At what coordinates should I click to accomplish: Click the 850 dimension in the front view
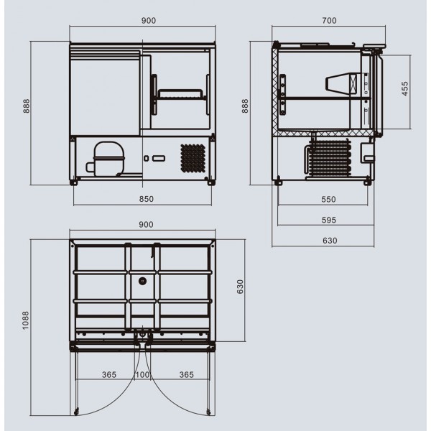pyautogui.click(x=147, y=199)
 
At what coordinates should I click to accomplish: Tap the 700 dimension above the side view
pyautogui.click(x=329, y=20)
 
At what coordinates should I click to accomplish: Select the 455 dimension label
pyautogui.click(x=405, y=88)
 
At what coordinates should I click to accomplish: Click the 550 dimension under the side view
pyautogui.click(x=329, y=199)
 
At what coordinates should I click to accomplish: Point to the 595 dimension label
pyautogui.click(x=329, y=220)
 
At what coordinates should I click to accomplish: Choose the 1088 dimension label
pyautogui.click(x=25, y=320)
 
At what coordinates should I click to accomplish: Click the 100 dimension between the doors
pyautogui.click(x=142, y=375)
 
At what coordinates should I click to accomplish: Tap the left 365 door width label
pyautogui.click(x=109, y=375)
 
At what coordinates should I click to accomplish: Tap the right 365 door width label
pyautogui.click(x=187, y=375)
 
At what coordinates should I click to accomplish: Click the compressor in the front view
pyautogui.click(x=106, y=159)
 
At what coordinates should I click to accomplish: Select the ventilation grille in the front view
pyautogui.click(x=193, y=158)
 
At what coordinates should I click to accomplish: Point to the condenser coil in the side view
pyautogui.click(x=328, y=157)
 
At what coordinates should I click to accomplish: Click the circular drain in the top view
pyautogui.click(x=142, y=281)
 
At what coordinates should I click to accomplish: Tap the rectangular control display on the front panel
pyautogui.click(x=159, y=158)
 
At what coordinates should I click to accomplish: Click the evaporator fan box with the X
pyautogui.click(x=353, y=84)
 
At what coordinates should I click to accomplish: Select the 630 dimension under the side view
pyautogui.click(x=330, y=241)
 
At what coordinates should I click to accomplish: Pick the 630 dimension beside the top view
pyautogui.click(x=240, y=287)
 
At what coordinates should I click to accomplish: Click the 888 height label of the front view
pyautogui.click(x=26, y=106)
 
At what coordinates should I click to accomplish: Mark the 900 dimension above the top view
pyautogui.click(x=146, y=225)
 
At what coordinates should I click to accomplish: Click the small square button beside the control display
pyautogui.click(x=147, y=158)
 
